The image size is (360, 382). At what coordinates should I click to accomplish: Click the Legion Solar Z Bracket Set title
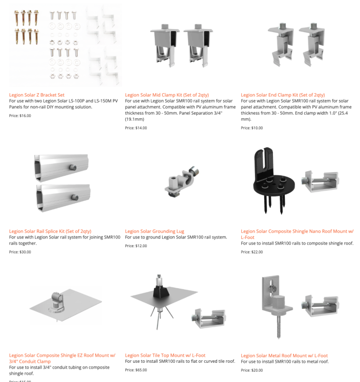pos(37,95)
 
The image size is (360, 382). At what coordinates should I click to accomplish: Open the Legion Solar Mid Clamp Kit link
pos(167,95)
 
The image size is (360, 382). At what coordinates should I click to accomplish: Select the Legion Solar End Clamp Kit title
pos(283,95)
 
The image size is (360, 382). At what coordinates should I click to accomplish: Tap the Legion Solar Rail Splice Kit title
pos(50,231)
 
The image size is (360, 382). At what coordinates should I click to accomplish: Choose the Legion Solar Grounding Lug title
pos(154,231)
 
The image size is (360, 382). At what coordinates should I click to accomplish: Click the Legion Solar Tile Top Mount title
pos(165,355)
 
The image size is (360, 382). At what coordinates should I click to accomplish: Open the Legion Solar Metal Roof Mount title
pos(284,356)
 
